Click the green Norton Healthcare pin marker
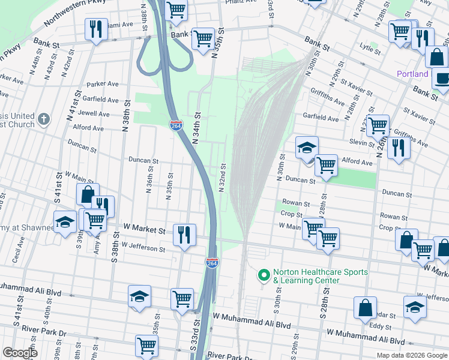(x=263, y=275)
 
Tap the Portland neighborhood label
(x=412, y=74)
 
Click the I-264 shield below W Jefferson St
(x=212, y=263)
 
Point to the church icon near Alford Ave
(x=43, y=119)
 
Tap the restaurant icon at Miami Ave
(x=94, y=29)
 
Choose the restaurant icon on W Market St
(x=184, y=233)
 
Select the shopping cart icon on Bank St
(x=203, y=38)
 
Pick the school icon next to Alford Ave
(x=307, y=147)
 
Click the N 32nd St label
(x=222, y=178)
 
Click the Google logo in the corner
(x=20, y=353)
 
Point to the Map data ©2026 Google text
(x=411, y=355)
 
